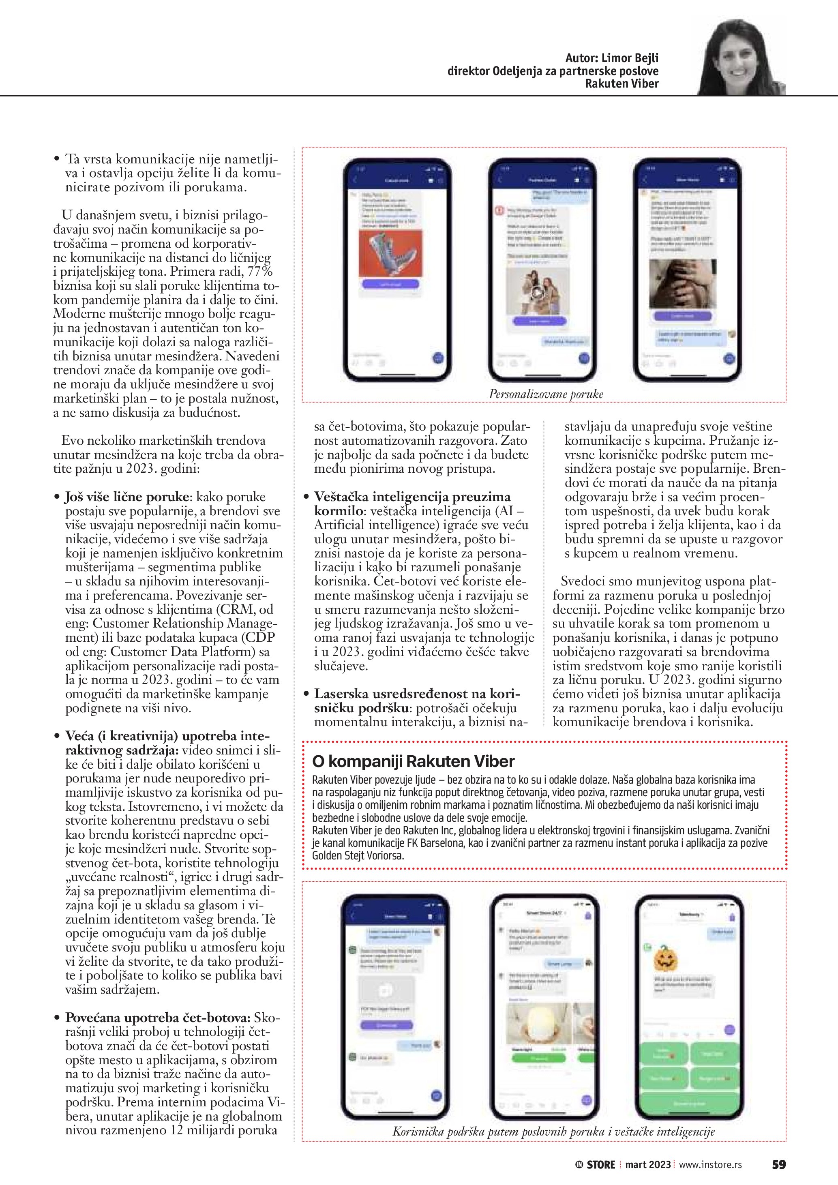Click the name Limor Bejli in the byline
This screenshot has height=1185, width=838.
point(630,58)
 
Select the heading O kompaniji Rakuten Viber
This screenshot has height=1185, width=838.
point(413,761)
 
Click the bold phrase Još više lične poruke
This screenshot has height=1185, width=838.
point(126,497)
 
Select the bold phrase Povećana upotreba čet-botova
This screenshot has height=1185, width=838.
point(158,1018)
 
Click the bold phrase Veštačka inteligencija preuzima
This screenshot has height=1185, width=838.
point(412,497)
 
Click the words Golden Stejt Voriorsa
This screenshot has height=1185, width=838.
point(358,855)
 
